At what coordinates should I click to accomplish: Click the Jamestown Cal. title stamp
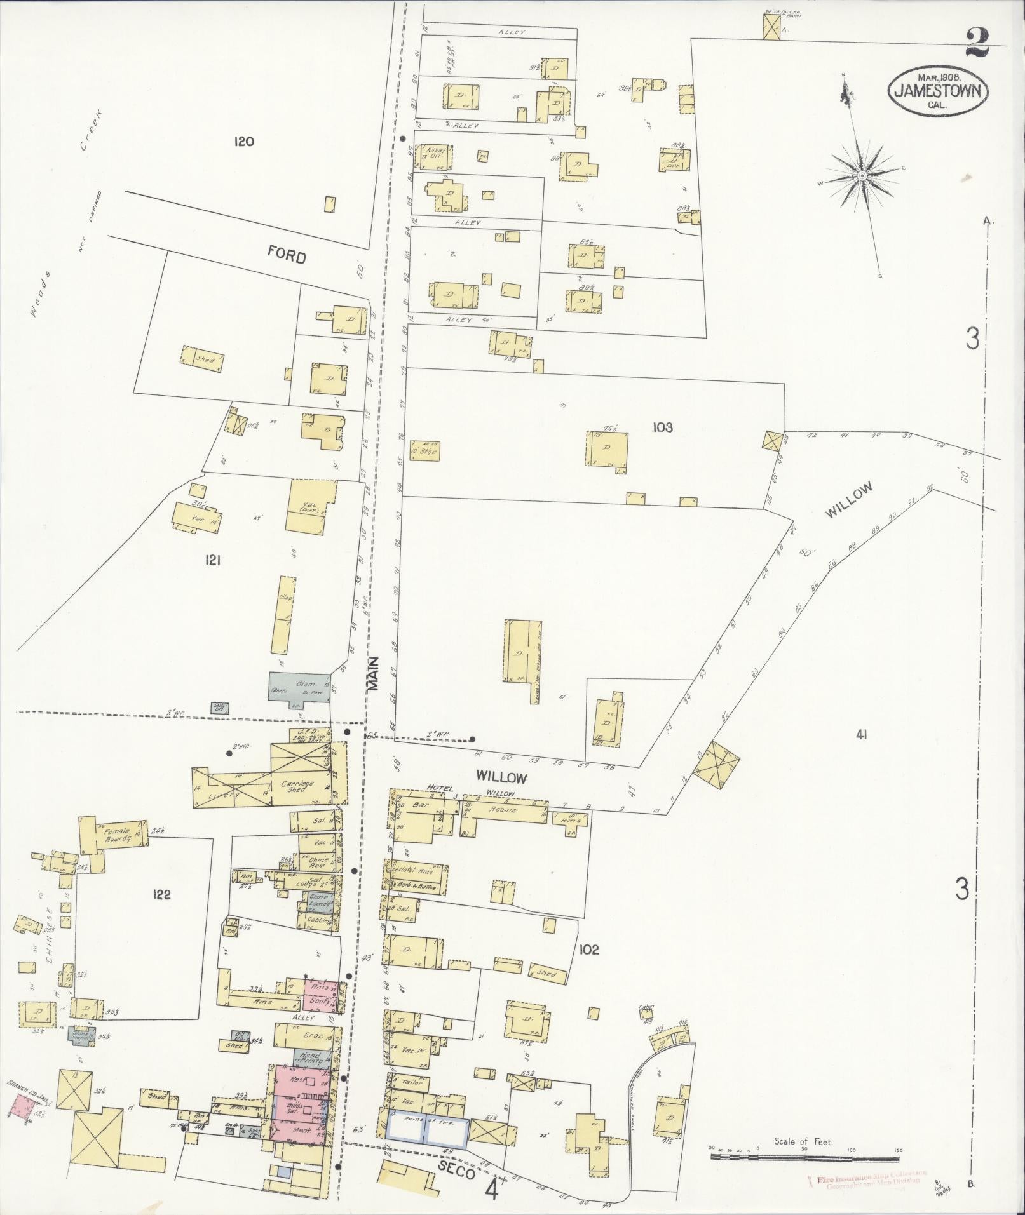coord(938,91)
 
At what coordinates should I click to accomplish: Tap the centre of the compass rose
coord(861,175)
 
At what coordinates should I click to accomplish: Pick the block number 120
coord(243,141)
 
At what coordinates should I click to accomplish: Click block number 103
coord(662,427)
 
